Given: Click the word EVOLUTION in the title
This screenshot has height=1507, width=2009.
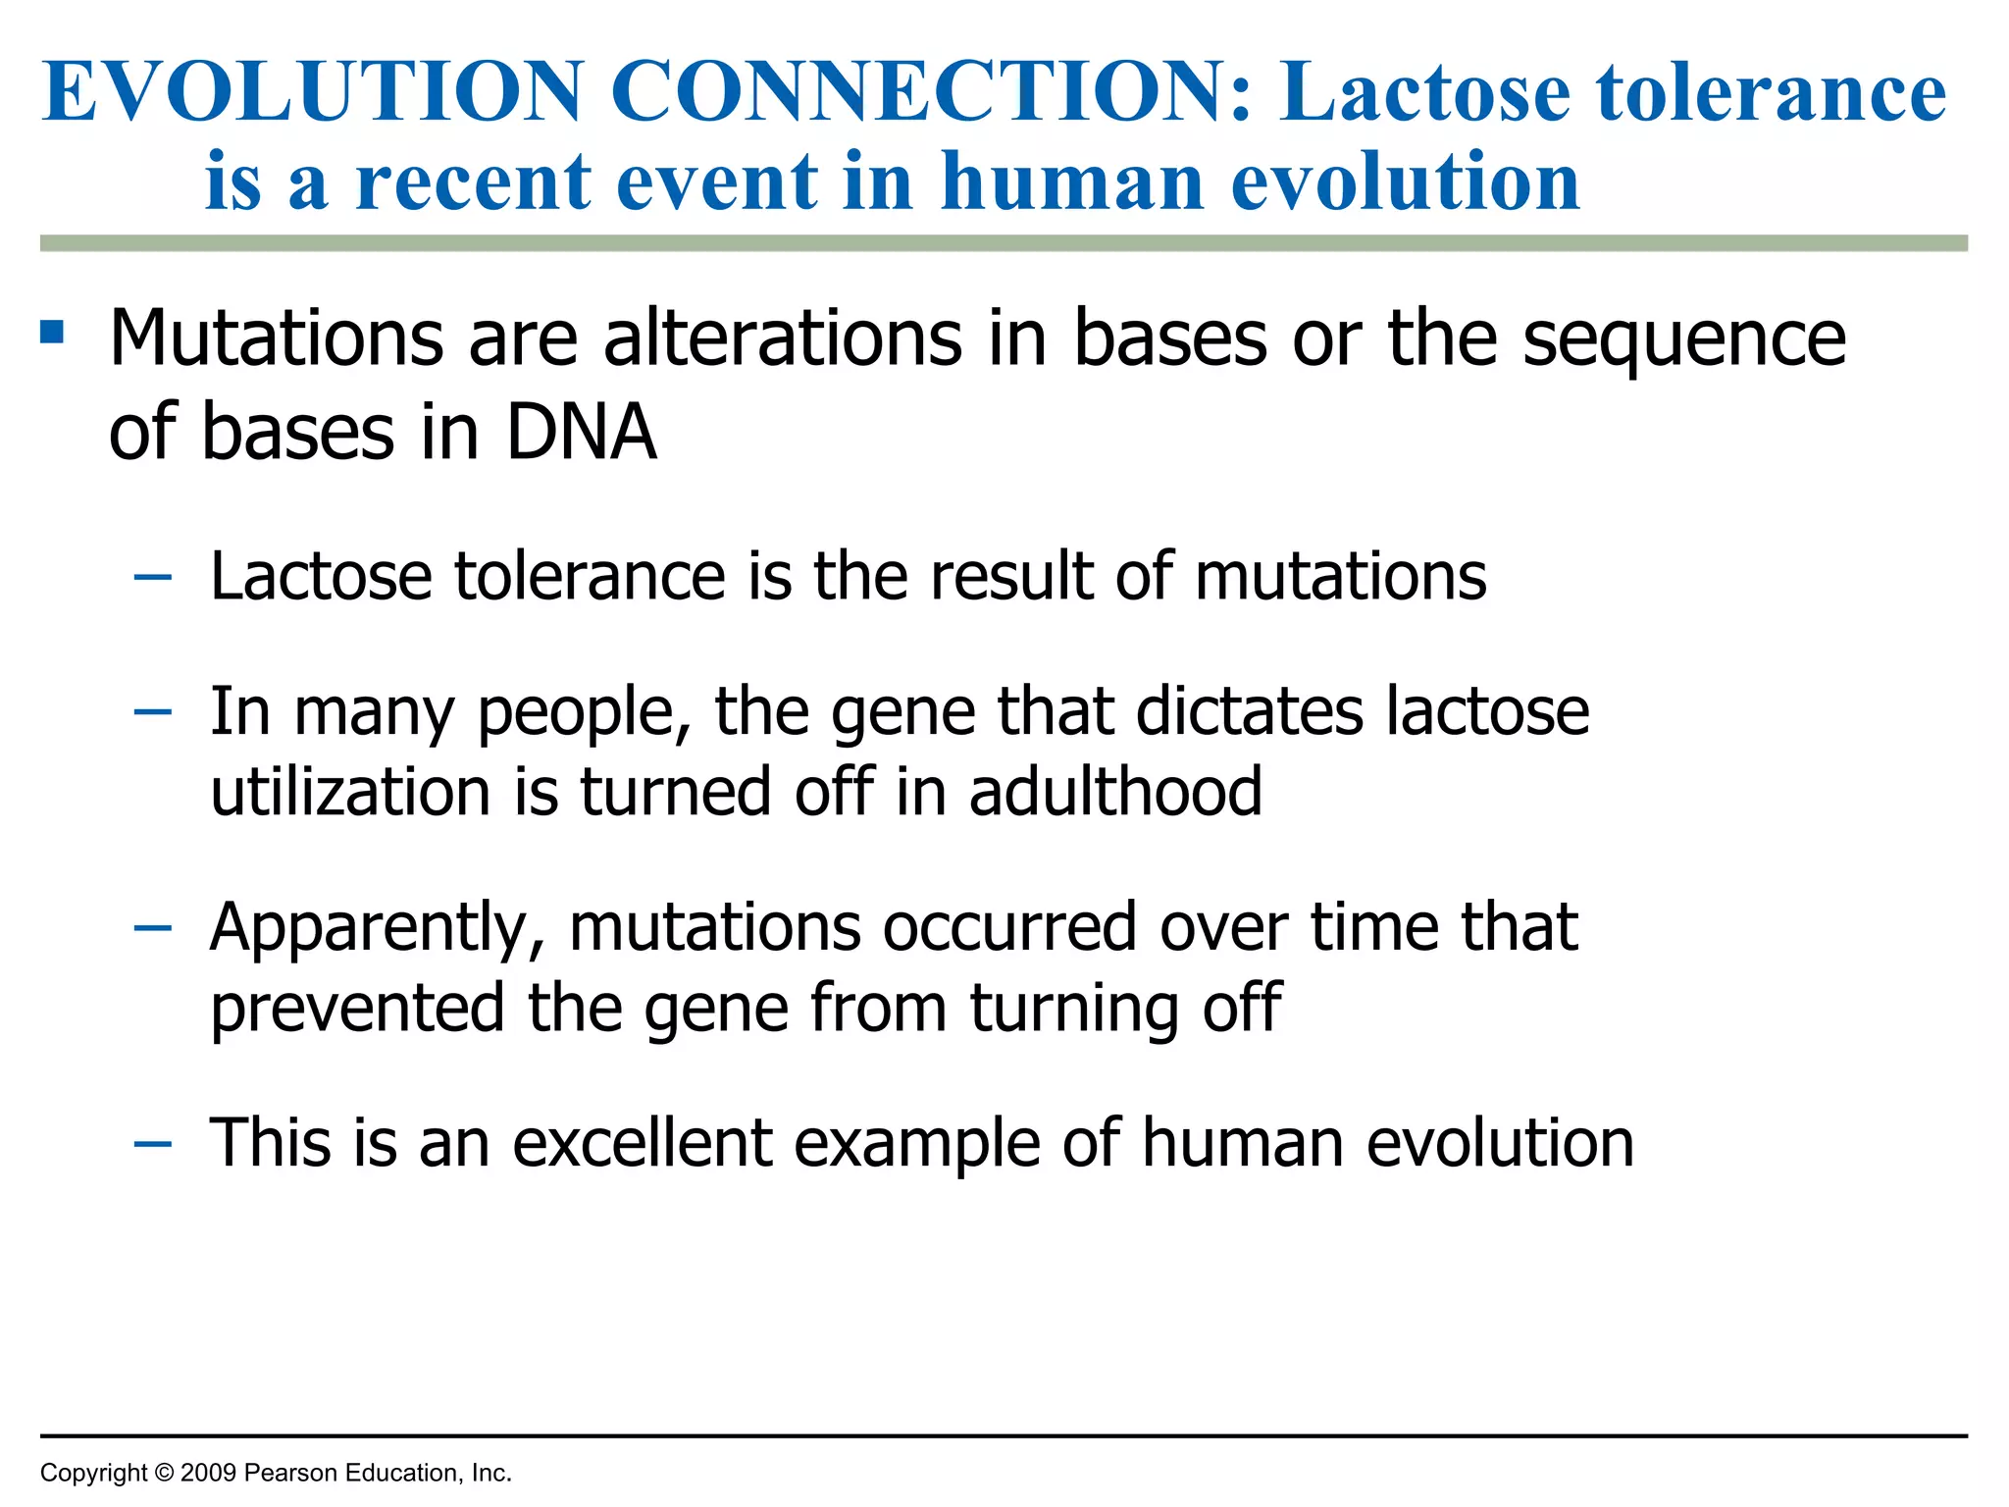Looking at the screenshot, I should pos(313,91).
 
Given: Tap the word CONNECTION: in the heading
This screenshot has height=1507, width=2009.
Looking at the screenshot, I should pos(932,91).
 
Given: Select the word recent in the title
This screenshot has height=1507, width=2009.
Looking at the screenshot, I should pos(473,182).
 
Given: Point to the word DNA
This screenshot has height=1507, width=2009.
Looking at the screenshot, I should pos(581,433).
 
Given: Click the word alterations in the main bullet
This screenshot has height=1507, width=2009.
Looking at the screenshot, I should pos(783,338).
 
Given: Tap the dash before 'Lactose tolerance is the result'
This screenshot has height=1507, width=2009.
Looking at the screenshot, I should pos(153,578).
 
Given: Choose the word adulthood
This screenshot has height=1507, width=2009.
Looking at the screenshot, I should pos(1115,792).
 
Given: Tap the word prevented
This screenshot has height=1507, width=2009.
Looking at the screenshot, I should pos(357,1009).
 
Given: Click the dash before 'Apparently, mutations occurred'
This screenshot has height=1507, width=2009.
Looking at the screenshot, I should pos(153,928).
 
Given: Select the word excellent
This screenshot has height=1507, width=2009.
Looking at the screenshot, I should pos(643,1143).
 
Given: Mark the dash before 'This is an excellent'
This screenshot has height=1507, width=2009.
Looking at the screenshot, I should pos(153,1144).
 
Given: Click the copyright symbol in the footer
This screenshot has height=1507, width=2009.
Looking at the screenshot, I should pos(164,1473).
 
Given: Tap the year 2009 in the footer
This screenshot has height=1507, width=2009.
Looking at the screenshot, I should pos(208,1473).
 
